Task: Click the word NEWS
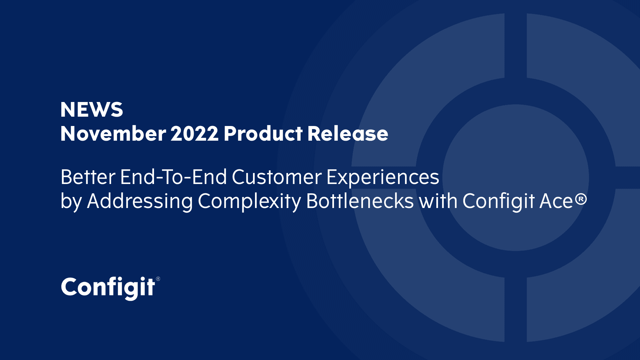92,110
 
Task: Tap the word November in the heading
113,134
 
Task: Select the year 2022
195,134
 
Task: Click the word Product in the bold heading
263,134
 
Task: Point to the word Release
348,134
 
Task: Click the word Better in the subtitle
88,177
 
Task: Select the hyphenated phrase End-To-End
173,177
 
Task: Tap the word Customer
277,177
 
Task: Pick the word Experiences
383,178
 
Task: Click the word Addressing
140,202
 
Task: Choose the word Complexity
249,202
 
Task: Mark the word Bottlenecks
360,201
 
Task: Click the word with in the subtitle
438,201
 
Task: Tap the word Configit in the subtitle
499,202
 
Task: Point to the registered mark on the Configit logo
158,279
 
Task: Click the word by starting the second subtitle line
71,202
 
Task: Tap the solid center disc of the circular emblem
516,178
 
